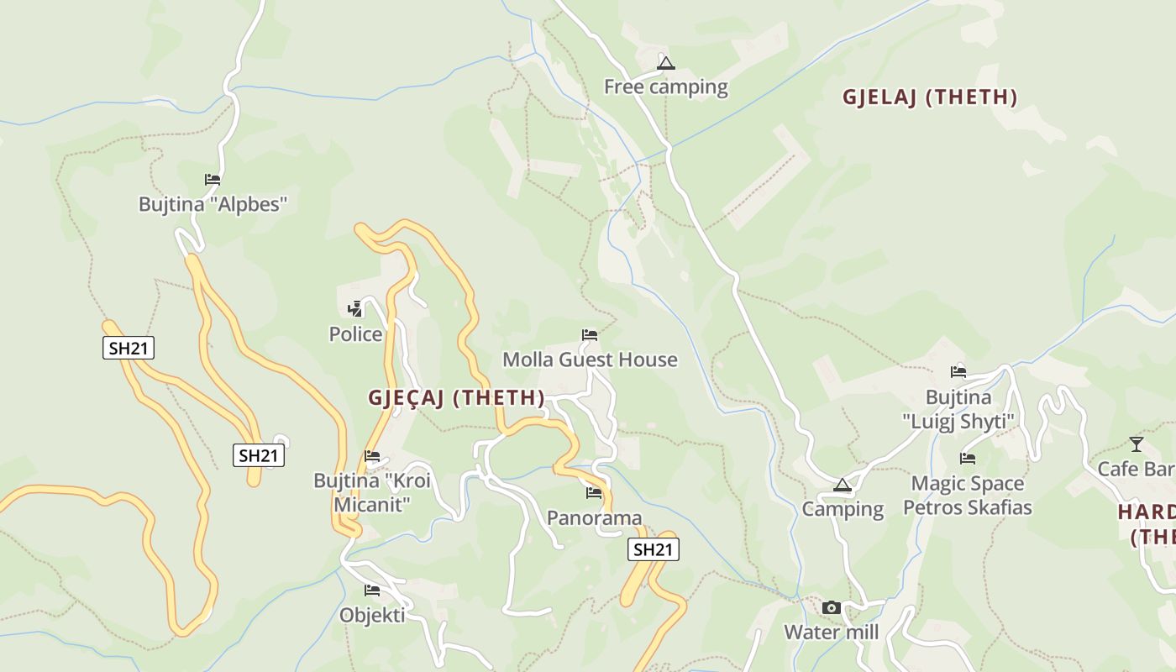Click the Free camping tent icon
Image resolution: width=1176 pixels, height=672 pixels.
[x=666, y=63]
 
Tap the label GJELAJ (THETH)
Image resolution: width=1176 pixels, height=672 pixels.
[x=930, y=97]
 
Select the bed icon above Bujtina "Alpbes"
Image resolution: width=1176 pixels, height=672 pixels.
[x=213, y=179]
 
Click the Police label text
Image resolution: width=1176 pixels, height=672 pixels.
[x=355, y=334]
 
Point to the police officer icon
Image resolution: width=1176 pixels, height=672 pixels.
[x=355, y=308]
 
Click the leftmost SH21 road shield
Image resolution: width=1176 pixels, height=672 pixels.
[x=129, y=348]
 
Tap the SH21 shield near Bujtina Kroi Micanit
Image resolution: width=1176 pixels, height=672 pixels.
[x=259, y=456]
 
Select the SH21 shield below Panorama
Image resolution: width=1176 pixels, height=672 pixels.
[x=654, y=550]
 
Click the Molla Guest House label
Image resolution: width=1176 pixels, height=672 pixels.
[x=590, y=360]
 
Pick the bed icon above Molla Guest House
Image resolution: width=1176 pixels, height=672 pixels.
[x=590, y=335]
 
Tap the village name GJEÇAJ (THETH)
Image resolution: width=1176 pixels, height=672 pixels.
[x=456, y=398]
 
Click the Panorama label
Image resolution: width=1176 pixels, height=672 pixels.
[x=594, y=517]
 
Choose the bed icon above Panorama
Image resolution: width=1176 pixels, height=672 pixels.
[x=594, y=492]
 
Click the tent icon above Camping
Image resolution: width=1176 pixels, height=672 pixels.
[x=843, y=485]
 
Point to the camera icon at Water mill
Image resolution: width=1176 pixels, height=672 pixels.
[x=832, y=607]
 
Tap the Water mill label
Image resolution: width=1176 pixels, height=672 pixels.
[x=832, y=633]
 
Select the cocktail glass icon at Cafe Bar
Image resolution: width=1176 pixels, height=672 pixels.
[x=1137, y=444]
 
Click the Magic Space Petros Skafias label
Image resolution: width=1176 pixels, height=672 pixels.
[x=968, y=496]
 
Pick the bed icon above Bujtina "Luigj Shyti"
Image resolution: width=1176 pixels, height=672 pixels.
[x=958, y=372]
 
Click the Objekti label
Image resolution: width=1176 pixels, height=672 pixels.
[x=372, y=615]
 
